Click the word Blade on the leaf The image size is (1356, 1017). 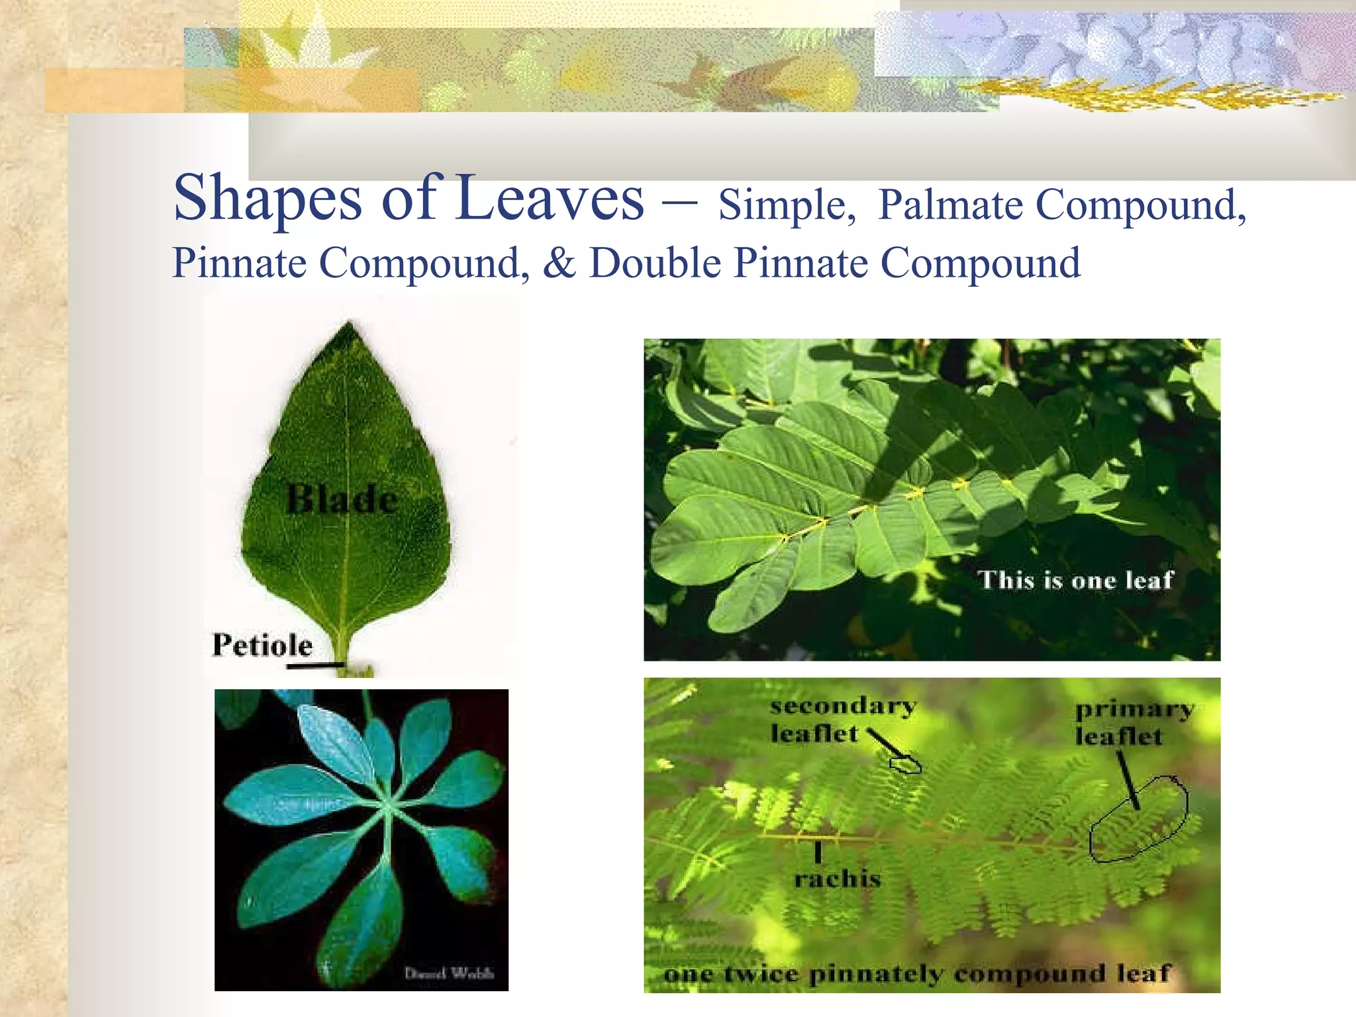pos(342,499)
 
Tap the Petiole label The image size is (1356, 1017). pos(262,645)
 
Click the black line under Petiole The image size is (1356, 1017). pos(315,665)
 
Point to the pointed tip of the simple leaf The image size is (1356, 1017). pos(350,324)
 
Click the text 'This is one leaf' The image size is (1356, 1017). pos(1075,580)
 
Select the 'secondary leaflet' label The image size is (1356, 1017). pos(842,720)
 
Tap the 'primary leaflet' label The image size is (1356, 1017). pos(1134,723)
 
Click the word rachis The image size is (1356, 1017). pos(838,879)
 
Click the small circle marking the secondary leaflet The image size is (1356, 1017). pos(905,765)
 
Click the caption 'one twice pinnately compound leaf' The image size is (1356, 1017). pos(917,974)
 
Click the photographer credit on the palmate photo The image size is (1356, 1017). pos(449,973)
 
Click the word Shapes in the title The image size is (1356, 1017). pos(267,199)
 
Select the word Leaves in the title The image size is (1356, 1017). pos(550,199)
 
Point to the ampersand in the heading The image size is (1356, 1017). pos(559,264)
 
